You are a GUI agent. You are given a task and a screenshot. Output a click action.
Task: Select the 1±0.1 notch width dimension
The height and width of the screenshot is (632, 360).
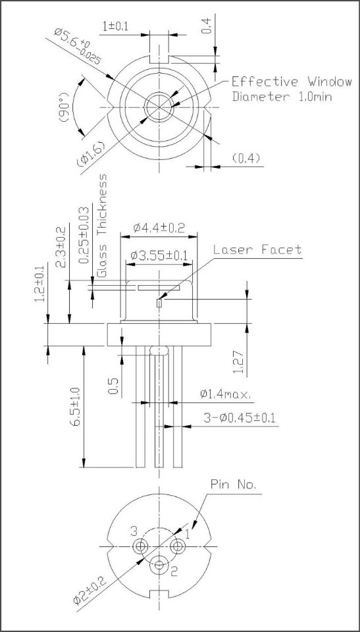(115, 26)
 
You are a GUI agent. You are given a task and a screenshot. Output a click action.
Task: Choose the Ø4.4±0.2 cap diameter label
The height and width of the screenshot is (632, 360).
(159, 228)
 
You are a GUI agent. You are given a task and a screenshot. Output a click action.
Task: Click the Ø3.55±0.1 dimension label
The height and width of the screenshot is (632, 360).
(159, 255)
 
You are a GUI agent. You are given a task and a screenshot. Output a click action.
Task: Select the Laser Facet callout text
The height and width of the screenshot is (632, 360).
(257, 250)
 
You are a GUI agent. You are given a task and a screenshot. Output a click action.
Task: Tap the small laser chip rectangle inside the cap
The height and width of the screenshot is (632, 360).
(159, 303)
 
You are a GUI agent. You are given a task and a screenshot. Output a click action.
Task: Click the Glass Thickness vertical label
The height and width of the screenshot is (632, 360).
(103, 225)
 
